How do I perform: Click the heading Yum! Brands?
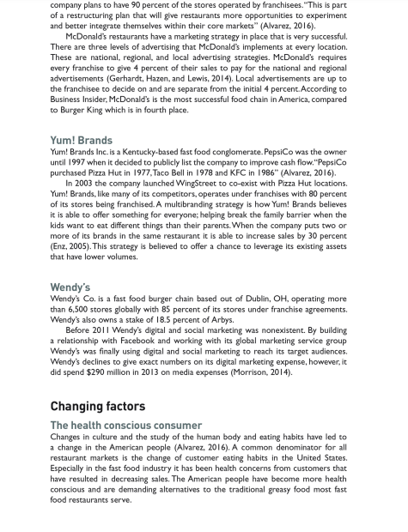[81, 140]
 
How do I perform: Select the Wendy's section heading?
[70, 287]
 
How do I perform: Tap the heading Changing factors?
[97, 406]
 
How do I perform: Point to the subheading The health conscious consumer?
[125, 425]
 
